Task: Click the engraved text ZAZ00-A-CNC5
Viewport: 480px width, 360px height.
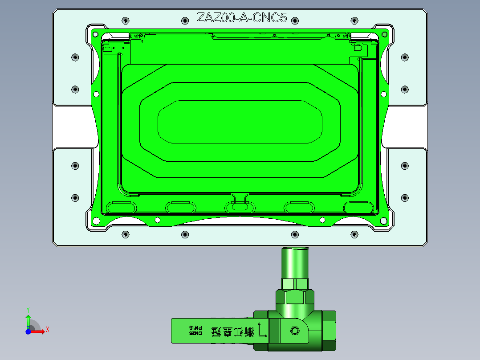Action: (241, 18)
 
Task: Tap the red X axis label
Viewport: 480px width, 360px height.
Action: (47, 330)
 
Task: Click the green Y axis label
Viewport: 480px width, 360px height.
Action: (28, 309)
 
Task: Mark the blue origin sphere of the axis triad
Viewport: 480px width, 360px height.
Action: (28, 331)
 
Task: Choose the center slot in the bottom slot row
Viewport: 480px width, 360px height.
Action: (240, 207)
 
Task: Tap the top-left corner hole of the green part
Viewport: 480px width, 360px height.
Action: (94, 33)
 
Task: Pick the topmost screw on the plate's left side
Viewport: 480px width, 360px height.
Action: (75, 57)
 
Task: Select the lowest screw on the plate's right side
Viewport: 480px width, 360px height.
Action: (405, 197)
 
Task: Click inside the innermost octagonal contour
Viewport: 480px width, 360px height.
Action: (240, 122)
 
